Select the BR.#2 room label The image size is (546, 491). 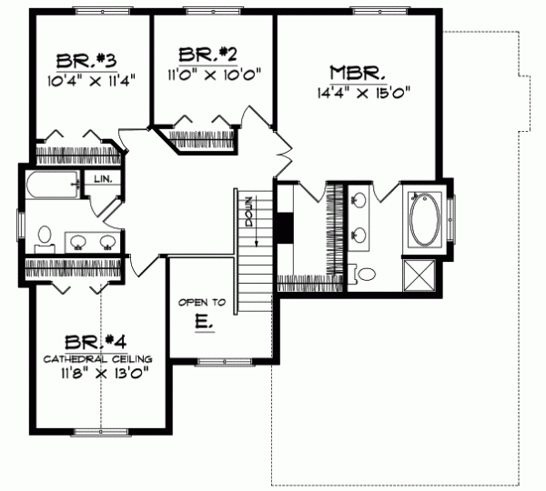coord(207,54)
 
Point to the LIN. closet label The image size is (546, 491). coord(102,179)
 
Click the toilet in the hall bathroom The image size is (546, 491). coord(42,239)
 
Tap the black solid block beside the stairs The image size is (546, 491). coord(285,227)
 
